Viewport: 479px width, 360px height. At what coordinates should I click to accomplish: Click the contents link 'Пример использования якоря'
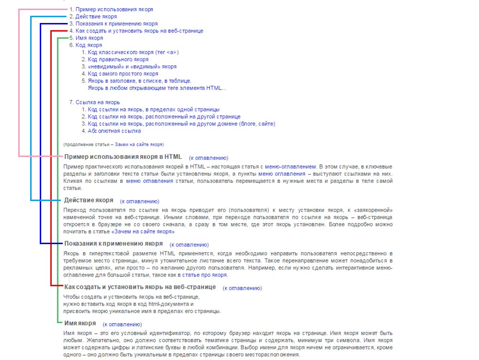tap(114, 9)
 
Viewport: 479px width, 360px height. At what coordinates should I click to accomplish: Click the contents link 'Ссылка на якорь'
tap(98, 102)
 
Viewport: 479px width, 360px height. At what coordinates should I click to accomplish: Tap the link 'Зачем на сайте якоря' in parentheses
tap(139, 144)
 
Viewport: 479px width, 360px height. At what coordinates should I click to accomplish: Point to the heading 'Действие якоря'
tap(89, 200)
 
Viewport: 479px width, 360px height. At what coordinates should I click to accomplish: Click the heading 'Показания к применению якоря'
tap(114, 244)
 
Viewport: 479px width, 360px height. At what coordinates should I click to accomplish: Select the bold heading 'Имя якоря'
tap(80, 323)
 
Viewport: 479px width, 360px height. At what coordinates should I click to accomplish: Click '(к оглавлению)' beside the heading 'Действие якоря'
tap(140, 202)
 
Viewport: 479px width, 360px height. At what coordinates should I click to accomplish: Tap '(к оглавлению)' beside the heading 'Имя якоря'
tap(122, 325)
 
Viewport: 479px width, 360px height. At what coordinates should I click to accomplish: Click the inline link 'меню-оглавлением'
tap(290, 166)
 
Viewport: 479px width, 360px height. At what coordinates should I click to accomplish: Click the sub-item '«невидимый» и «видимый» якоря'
tap(132, 67)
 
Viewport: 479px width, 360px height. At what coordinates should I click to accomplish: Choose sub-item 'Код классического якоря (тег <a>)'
tap(133, 52)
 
